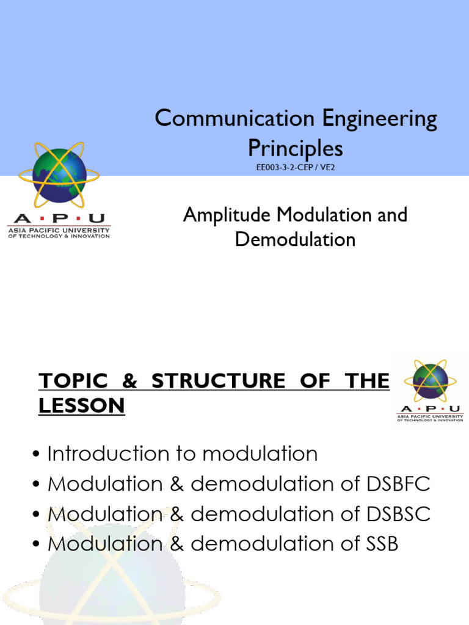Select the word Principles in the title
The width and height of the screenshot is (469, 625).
click(295, 148)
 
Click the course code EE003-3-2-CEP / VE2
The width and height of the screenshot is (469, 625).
click(296, 167)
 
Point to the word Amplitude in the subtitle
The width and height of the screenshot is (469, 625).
click(228, 215)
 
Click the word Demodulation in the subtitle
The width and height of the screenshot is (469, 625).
click(295, 239)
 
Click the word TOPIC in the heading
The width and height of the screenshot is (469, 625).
click(74, 381)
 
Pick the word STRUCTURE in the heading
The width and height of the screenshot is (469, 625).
click(217, 381)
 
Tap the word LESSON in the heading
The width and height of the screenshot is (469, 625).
click(82, 405)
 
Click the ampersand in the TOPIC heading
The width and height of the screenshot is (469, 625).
click(130, 381)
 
